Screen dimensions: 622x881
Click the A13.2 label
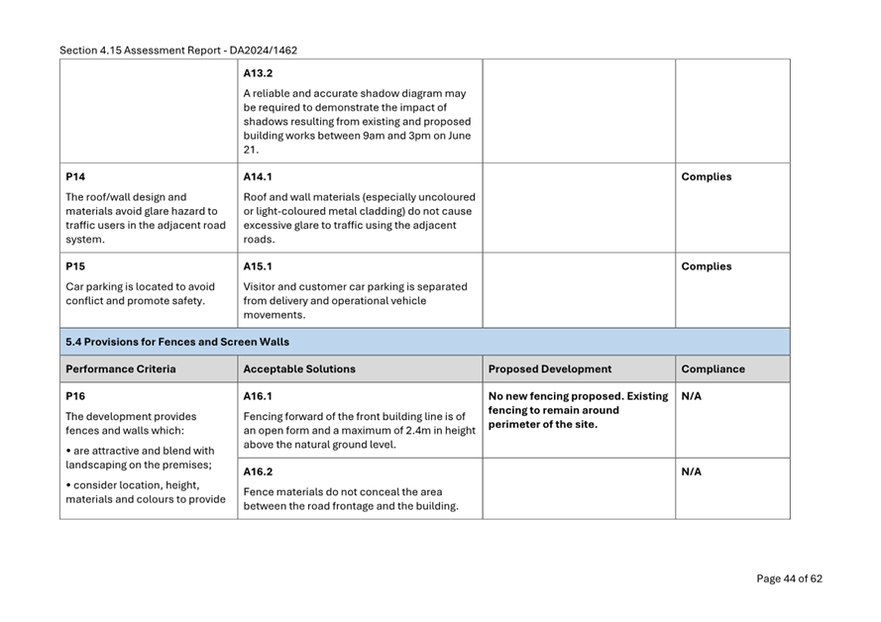pyautogui.click(x=258, y=73)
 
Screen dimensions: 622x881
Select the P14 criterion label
pyautogui.click(x=75, y=177)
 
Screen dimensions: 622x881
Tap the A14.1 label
pyautogui.click(x=258, y=177)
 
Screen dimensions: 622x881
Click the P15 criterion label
pyautogui.click(x=75, y=266)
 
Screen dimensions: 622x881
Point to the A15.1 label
pyautogui.click(x=258, y=266)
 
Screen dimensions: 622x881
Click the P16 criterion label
pyautogui.click(x=75, y=396)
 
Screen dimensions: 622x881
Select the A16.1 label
pyautogui.click(x=258, y=396)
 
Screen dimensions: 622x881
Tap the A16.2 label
pyautogui.click(x=258, y=472)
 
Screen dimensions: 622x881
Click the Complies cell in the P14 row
pyautogui.click(x=706, y=177)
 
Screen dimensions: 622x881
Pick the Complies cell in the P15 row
pyautogui.click(x=706, y=266)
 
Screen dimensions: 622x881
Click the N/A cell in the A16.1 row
pyautogui.click(x=692, y=396)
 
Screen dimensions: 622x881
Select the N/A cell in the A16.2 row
pyautogui.click(x=692, y=472)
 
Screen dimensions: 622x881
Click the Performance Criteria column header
pyautogui.click(x=120, y=369)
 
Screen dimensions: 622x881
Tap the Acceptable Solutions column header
pyautogui.click(x=299, y=369)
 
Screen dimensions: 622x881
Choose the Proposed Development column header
pyautogui.click(x=550, y=369)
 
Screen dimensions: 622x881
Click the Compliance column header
pyautogui.click(x=713, y=369)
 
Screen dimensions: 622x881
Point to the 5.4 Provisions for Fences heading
pyautogui.click(x=177, y=343)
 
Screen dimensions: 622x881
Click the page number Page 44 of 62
pyautogui.click(x=789, y=579)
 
